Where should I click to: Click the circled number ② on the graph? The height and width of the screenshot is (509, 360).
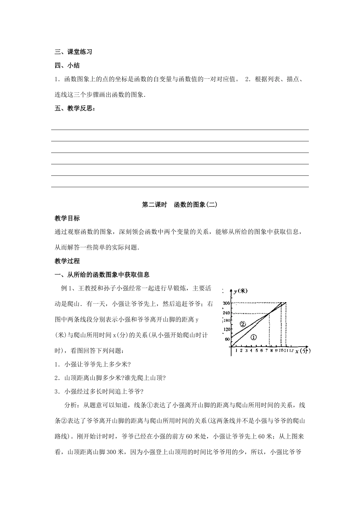click(x=243, y=324)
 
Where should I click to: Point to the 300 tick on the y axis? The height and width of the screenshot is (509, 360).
click(x=227, y=303)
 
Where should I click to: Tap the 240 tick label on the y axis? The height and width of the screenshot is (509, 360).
click(x=227, y=313)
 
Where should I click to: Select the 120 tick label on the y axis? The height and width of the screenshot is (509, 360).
click(x=227, y=330)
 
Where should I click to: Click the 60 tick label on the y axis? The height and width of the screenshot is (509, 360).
click(x=227, y=339)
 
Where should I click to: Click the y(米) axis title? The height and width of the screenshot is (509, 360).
click(x=240, y=291)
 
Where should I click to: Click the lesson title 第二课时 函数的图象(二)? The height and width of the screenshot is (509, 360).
click(x=180, y=205)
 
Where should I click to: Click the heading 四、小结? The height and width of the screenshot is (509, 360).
click(x=67, y=65)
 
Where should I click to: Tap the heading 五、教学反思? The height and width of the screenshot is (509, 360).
click(x=75, y=109)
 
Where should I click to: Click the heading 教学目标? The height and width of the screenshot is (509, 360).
click(x=67, y=218)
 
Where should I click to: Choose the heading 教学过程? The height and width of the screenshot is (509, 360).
click(x=67, y=261)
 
